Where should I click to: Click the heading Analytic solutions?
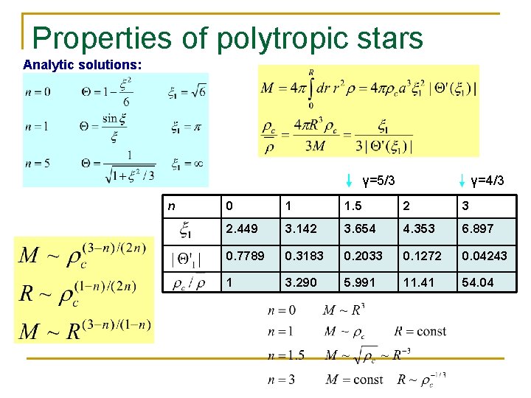(83, 64)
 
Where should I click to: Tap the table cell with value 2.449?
(243, 229)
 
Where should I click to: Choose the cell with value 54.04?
(476, 282)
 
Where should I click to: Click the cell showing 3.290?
(301, 282)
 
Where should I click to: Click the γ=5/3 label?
(378, 180)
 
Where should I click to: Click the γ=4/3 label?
(487, 180)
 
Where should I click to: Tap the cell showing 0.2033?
(361, 256)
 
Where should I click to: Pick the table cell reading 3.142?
(301, 229)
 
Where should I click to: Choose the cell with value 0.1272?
(420, 256)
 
